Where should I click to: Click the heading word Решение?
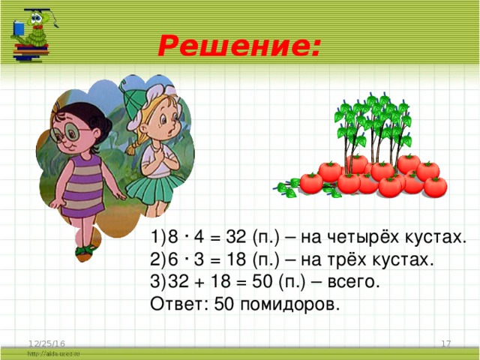[238, 49]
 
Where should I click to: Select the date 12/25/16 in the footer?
[44, 343]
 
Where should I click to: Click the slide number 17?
[445, 343]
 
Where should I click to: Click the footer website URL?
[52, 352]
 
